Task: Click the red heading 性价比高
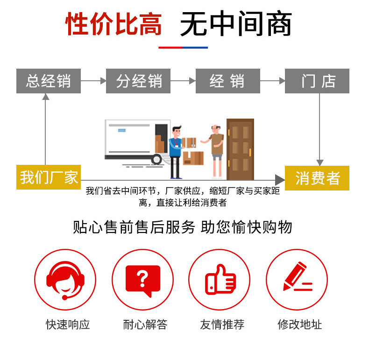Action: (x=114, y=24)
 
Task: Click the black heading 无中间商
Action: (x=236, y=24)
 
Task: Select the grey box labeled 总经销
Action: (x=48, y=81)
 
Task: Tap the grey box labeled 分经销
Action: (x=138, y=81)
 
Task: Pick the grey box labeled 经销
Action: (x=227, y=81)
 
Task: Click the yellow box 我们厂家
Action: (x=49, y=177)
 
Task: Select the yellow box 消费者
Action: (x=317, y=178)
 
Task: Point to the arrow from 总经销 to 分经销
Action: (x=93, y=81)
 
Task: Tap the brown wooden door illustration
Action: (x=240, y=149)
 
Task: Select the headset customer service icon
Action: (x=65, y=280)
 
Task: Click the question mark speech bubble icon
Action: (x=142, y=280)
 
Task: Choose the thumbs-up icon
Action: (x=220, y=280)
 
